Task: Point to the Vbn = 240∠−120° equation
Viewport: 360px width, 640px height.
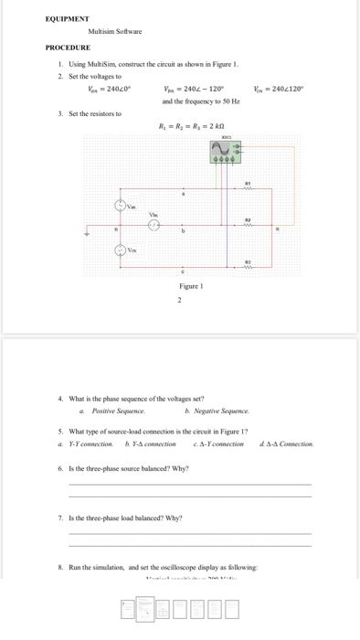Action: click(x=194, y=89)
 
